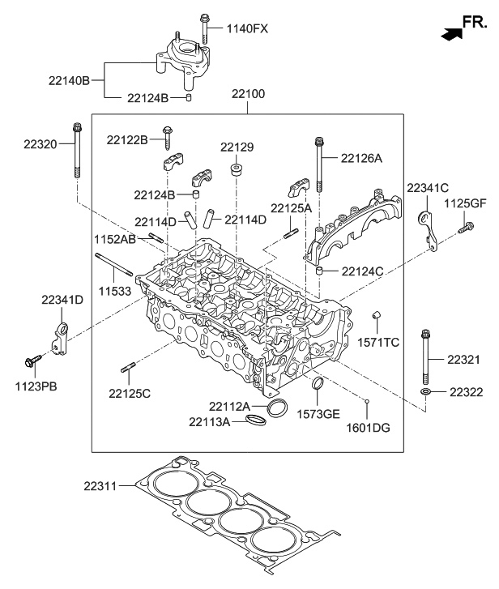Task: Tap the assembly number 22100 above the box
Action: [x=248, y=96]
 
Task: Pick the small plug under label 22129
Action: [x=237, y=170]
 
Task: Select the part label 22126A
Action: [x=361, y=159]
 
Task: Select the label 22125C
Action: [x=130, y=393]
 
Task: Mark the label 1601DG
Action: [x=367, y=426]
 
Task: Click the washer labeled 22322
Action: [x=426, y=393]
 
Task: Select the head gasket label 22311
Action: [x=104, y=487]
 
